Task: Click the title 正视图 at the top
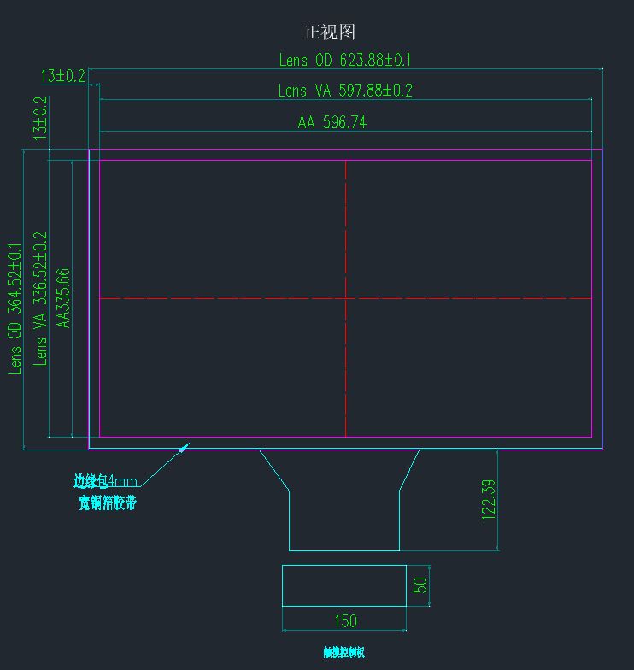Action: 330,32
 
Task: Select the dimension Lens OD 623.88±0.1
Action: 344,60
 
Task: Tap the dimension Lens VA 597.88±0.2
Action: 344,91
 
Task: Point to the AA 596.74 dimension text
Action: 332,122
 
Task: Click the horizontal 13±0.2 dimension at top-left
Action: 62,76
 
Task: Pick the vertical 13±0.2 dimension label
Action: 40,118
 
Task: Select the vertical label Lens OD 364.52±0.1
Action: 15,309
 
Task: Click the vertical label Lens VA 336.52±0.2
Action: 40,298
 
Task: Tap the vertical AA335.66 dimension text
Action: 62,298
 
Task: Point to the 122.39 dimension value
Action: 489,500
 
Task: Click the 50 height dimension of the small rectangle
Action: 420,585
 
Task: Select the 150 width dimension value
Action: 344,620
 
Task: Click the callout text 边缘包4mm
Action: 105,481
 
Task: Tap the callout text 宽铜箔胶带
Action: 107,502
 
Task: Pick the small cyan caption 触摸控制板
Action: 343,653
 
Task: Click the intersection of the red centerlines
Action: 345,298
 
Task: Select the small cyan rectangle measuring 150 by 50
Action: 343,585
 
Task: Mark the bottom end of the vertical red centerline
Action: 345,436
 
